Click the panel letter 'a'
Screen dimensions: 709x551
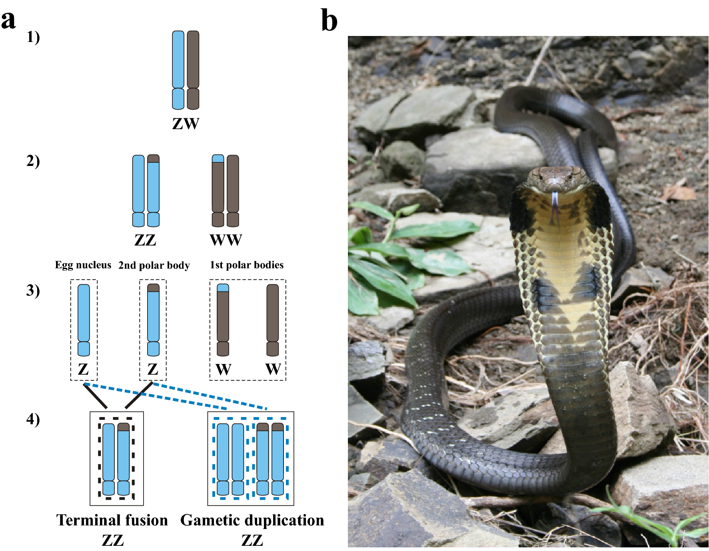click(x=8, y=20)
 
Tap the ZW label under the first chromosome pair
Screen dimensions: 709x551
click(x=186, y=124)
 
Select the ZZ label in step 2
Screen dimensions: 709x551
click(x=145, y=240)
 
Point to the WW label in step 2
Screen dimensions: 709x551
click(x=226, y=240)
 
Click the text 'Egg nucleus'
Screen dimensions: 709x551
click(x=83, y=265)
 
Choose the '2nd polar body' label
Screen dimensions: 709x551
click(x=154, y=265)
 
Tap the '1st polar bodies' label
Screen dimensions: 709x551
click(x=247, y=265)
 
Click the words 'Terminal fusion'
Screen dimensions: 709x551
click(x=112, y=520)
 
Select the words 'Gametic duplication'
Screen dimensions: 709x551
click(x=252, y=520)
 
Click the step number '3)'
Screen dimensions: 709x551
click(x=33, y=291)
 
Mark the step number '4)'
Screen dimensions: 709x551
click(x=33, y=419)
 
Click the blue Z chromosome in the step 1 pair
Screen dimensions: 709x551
click(x=178, y=70)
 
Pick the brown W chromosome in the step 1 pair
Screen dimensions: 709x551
click(x=193, y=70)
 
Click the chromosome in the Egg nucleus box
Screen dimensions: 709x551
click(x=84, y=320)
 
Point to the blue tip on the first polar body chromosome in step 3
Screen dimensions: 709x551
click(x=223, y=288)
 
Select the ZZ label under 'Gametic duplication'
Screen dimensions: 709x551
click(x=252, y=540)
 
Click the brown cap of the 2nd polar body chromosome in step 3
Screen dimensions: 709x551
click(x=153, y=288)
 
